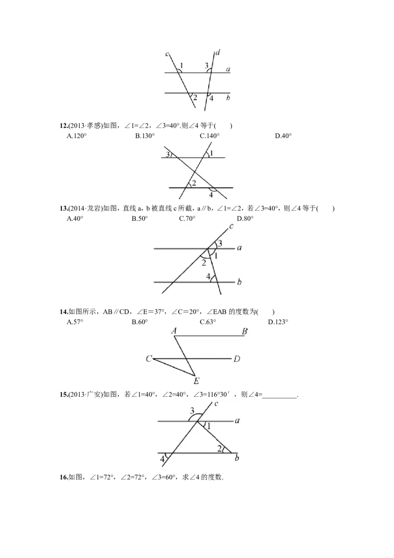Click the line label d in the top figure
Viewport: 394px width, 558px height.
coord(218,53)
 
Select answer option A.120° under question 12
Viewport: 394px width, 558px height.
coord(77,136)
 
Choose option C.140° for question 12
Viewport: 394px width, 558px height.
coord(209,136)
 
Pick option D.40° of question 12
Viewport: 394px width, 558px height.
coord(283,136)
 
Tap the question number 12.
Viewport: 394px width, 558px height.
coord(64,126)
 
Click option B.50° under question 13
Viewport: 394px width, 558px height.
coord(139,218)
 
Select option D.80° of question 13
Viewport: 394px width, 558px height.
coord(245,218)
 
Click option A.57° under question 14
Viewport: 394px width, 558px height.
coord(75,322)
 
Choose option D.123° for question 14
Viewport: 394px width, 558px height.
coord(278,322)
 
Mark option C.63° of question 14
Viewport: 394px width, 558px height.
coord(208,322)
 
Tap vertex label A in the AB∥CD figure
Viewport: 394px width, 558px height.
coord(174,331)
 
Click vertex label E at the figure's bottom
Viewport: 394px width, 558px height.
coord(197,381)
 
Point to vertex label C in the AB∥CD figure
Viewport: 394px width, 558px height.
coord(149,359)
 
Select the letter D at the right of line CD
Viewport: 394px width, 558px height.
coord(237,359)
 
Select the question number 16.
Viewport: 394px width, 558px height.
coord(64,477)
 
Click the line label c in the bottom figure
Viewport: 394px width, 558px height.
coord(216,404)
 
